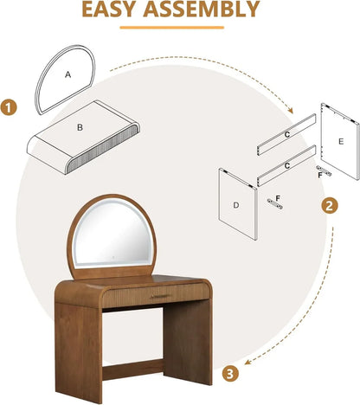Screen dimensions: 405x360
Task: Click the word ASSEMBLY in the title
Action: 211,10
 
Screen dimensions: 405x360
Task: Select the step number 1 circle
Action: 10,108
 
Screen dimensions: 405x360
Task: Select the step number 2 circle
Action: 329,206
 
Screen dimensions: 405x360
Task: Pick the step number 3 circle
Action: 228,374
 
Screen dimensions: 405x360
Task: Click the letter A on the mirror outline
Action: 67,75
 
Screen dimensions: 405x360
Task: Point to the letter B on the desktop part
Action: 80,128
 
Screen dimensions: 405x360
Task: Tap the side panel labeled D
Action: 237,205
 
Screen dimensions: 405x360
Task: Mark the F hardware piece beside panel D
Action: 277,200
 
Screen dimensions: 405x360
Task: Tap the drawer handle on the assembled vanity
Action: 161,297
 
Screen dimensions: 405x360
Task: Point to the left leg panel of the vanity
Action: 77,346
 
